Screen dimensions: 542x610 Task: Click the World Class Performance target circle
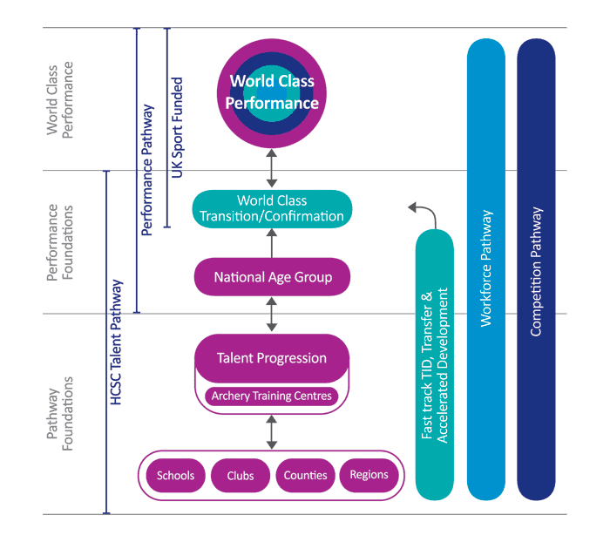[x=272, y=92]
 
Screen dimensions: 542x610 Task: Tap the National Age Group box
[x=272, y=278]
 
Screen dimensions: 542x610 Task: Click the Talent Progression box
[x=272, y=358]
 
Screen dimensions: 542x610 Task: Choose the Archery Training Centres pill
[x=272, y=396]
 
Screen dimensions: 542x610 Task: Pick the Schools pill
[x=176, y=476]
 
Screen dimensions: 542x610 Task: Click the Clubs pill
[x=241, y=476]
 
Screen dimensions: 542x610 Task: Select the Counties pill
[x=305, y=476]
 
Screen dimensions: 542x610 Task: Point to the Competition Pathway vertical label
[x=536, y=271]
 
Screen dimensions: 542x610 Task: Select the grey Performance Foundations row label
[x=59, y=243]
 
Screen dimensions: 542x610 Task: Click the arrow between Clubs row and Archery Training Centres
[x=272, y=431]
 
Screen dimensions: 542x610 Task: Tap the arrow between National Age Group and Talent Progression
[x=272, y=314]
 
